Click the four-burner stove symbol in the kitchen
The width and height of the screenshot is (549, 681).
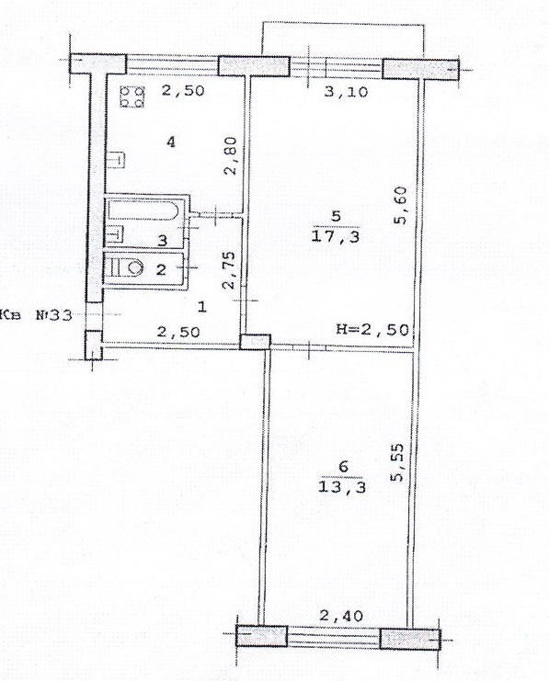point(132,96)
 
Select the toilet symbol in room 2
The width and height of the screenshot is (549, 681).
point(126,267)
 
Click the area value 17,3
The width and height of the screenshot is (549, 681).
point(336,237)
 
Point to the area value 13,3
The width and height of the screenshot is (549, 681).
point(342,486)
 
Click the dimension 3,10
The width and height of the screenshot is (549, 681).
point(347,92)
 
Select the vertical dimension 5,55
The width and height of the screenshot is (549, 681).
point(396,462)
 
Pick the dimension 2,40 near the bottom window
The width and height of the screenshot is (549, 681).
point(341,616)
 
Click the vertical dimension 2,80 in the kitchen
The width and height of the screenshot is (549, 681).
point(231,155)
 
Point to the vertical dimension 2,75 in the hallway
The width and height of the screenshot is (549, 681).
point(228,270)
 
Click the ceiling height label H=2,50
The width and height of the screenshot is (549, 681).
point(373,329)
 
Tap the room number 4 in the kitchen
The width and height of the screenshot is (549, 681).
point(171,142)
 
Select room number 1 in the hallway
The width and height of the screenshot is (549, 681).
point(201,308)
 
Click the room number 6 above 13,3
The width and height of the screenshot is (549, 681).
point(343,467)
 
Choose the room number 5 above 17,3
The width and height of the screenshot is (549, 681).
point(336,216)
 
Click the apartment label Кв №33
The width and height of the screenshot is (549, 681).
point(37,314)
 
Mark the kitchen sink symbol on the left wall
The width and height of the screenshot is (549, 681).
point(116,158)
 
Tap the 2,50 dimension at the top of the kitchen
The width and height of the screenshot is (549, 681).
point(183,90)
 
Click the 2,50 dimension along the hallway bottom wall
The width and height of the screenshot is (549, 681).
point(178,333)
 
